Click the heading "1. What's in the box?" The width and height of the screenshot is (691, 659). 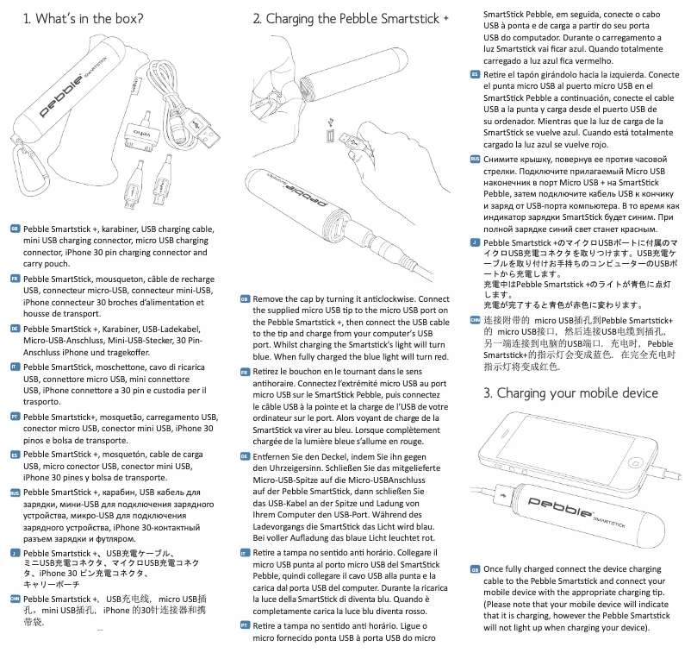point(83,18)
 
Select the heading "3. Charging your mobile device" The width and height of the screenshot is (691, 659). point(570,393)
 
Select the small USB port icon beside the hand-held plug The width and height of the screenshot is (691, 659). point(330,136)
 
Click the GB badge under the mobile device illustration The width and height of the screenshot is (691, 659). point(475,569)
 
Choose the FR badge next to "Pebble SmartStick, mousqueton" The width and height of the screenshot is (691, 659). point(16,280)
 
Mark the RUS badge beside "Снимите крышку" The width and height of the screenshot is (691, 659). point(475,159)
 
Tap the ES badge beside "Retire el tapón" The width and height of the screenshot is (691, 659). point(475,75)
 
